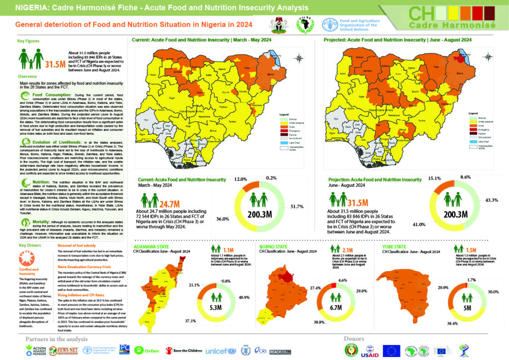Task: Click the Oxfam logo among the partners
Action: coord(147,351)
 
